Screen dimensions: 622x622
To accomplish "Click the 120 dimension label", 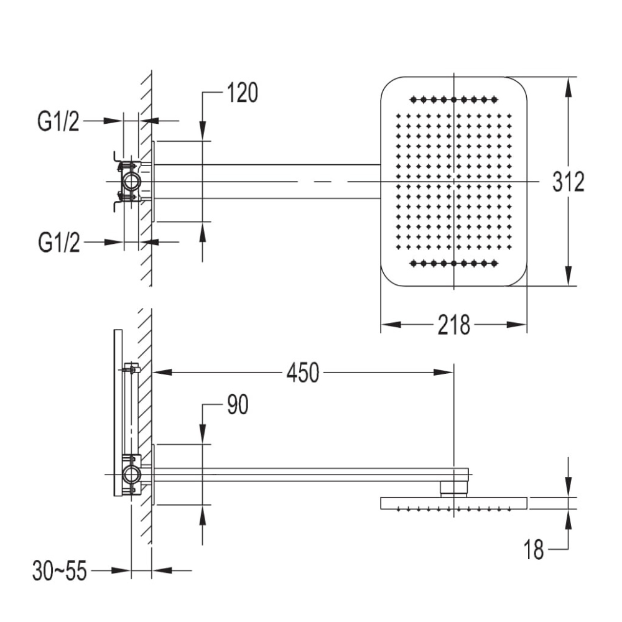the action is click(243, 93).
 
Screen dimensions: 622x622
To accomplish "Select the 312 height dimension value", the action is click(568, 182).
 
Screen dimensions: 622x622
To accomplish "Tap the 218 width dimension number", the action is click(454, 325).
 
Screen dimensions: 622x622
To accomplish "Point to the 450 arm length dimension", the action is click(303, 373).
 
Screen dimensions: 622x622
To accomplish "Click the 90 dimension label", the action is click(238, 405).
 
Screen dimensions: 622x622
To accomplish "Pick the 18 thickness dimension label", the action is click(534, 550).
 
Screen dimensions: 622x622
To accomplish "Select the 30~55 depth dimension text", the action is click(60, 571).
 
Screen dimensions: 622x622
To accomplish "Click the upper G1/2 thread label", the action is click(58, 121).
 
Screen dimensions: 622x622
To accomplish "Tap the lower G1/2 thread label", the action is click(59, 242).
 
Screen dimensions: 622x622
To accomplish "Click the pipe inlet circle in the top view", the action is click(131, 182).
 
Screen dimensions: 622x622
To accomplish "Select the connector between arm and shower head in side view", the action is click(454, 489).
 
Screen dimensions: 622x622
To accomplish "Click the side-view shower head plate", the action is click(454, 503).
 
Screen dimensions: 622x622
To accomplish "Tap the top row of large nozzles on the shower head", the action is click(454, 99).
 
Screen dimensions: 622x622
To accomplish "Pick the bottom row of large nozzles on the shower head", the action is click(454, 263).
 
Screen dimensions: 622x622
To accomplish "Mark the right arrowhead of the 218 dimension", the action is click(517, 325).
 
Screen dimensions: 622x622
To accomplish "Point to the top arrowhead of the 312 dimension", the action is click(569, 86).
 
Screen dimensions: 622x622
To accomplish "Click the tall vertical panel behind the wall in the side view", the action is click(118, 412).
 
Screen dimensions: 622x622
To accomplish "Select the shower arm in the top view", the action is click(267, 181).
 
